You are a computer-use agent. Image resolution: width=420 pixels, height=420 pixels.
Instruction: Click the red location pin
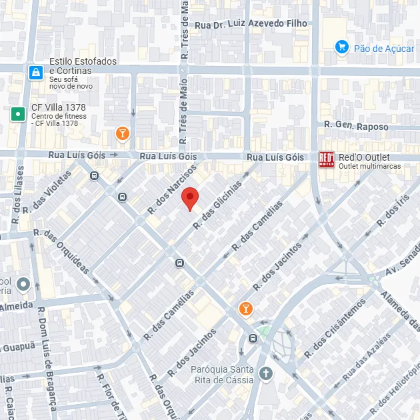pyautogui.click(x=191, y=199)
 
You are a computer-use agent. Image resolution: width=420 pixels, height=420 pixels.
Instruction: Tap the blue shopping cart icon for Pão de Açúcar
pyautogui.click(x=341, y=47)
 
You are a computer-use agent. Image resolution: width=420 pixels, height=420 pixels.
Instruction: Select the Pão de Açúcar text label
pyautogui.click(x=384, y=48)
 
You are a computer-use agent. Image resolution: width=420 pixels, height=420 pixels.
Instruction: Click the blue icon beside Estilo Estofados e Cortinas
pyautogui.click(x=35, y=73)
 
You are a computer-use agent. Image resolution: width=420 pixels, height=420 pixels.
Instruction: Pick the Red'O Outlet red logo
pyautogui.click(x=327, y=160)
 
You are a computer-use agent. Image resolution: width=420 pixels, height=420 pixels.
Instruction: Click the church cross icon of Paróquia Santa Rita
pyautogui.click(x=267, y=373)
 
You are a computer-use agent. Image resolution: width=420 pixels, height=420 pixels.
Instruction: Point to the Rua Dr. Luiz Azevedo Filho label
pyautogui.click(x=251, y=24)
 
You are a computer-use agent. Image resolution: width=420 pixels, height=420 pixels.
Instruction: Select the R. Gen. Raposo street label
pyautogui.click(x=356, y=125)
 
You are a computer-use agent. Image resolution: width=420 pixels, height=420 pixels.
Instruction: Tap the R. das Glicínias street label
pyautogui.click(x=217, y=206)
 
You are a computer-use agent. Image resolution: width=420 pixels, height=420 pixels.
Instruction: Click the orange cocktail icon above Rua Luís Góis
pyautogui.click(x=122, y=134)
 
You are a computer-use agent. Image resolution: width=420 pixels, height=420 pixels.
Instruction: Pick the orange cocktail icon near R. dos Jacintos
pyautogui.click(x=245, y=309)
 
